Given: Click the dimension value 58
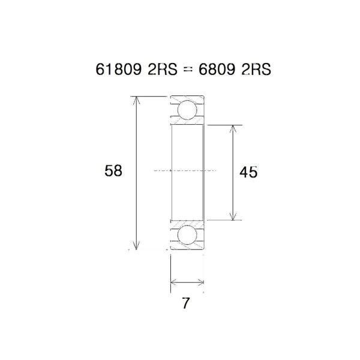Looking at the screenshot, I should pos(113,171).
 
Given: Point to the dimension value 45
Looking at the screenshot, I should pos(248,173).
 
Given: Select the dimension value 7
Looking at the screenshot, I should pos(186,304).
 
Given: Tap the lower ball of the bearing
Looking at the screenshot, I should pos(187,235).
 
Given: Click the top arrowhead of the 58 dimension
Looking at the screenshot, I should pos(138,100).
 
